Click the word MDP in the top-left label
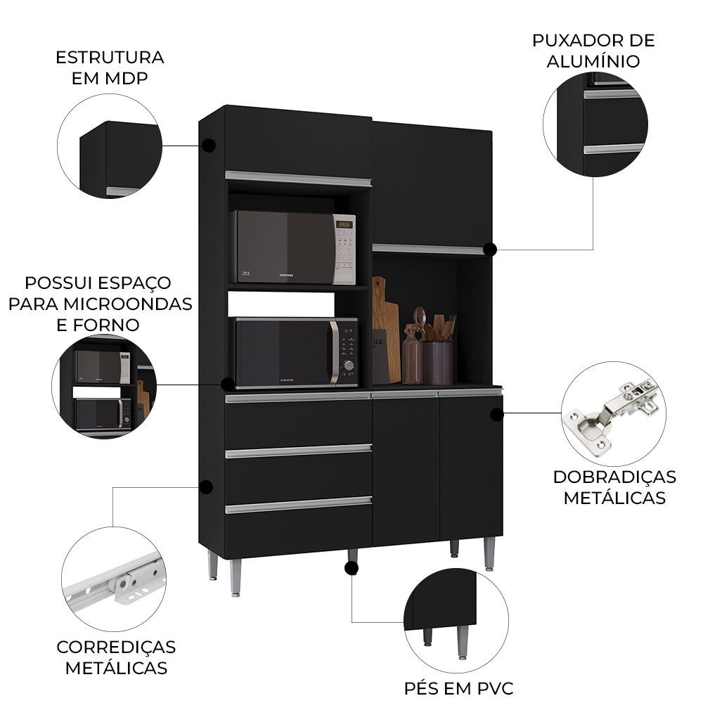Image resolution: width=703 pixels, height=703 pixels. tap(127, 77)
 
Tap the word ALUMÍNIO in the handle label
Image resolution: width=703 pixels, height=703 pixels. tap(594, 61)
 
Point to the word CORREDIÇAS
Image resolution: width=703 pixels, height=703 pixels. tap(116, 647)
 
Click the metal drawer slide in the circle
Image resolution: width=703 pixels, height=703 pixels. tap(117, 581)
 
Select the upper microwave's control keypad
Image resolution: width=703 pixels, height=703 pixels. tap(344, 249)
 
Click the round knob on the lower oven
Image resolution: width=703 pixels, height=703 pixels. tap(348, 364)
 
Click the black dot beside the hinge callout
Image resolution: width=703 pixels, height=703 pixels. tap(497, 415)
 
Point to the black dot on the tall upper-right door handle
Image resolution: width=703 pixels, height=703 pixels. tap(490, 249)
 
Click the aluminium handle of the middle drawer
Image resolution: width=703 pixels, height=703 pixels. tap(298, 451)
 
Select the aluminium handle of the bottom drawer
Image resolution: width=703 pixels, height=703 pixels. tap(298, 505)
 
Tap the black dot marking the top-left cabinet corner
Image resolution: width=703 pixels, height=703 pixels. tap(208, 146)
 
